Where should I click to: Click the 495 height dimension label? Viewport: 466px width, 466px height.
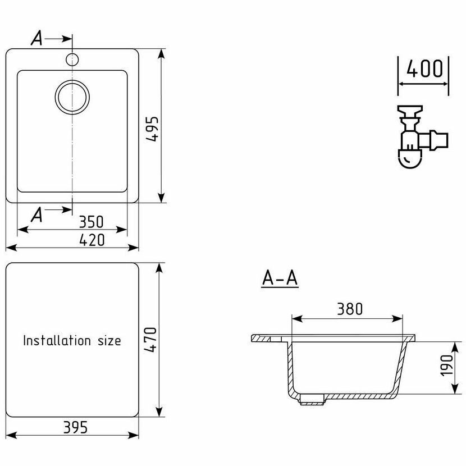153,129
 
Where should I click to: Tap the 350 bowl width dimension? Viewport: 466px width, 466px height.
92,222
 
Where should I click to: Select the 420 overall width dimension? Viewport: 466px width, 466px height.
92,240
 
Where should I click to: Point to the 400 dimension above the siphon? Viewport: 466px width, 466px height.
424,68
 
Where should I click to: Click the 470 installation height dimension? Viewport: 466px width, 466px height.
150,340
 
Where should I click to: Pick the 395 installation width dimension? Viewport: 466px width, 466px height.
75,427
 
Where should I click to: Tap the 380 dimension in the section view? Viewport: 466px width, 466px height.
350,309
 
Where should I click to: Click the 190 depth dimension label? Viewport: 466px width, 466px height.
446,366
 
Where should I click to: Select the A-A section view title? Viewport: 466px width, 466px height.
280,278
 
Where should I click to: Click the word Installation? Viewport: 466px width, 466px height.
57,340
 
